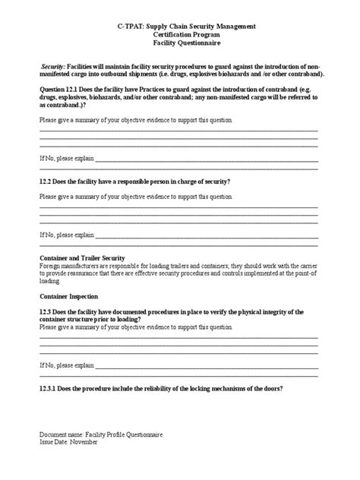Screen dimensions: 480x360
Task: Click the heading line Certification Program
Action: [180, 35]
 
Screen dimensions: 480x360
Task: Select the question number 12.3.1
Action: [50, 389]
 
